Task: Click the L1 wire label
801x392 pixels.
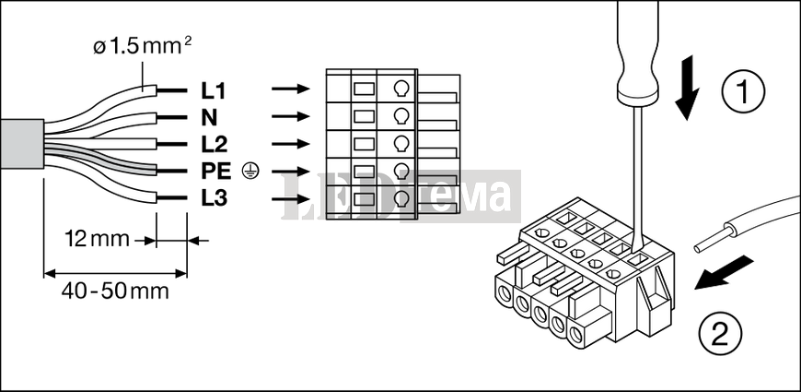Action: [213, 91]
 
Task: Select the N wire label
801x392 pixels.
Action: [209, 118]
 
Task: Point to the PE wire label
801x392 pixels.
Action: [216, 172]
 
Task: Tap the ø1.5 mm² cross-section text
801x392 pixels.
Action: [143, 46]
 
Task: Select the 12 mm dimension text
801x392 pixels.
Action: [97, 239]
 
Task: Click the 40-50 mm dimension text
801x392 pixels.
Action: [115, 291]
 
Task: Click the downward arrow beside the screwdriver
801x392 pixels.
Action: [687, 88]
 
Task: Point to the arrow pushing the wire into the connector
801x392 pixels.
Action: [724, 273]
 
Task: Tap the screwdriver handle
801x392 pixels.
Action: [637, 51]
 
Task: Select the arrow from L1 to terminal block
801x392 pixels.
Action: [291, 89]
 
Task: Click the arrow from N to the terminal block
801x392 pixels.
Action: [291, 117]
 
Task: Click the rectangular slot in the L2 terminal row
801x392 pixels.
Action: [364, 144]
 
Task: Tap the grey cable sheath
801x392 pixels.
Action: [21, 144]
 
